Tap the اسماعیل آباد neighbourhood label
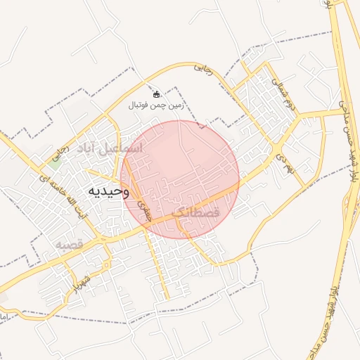112,148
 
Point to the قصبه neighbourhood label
70,244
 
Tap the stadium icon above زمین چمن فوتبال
156,94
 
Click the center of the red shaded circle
181,179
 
